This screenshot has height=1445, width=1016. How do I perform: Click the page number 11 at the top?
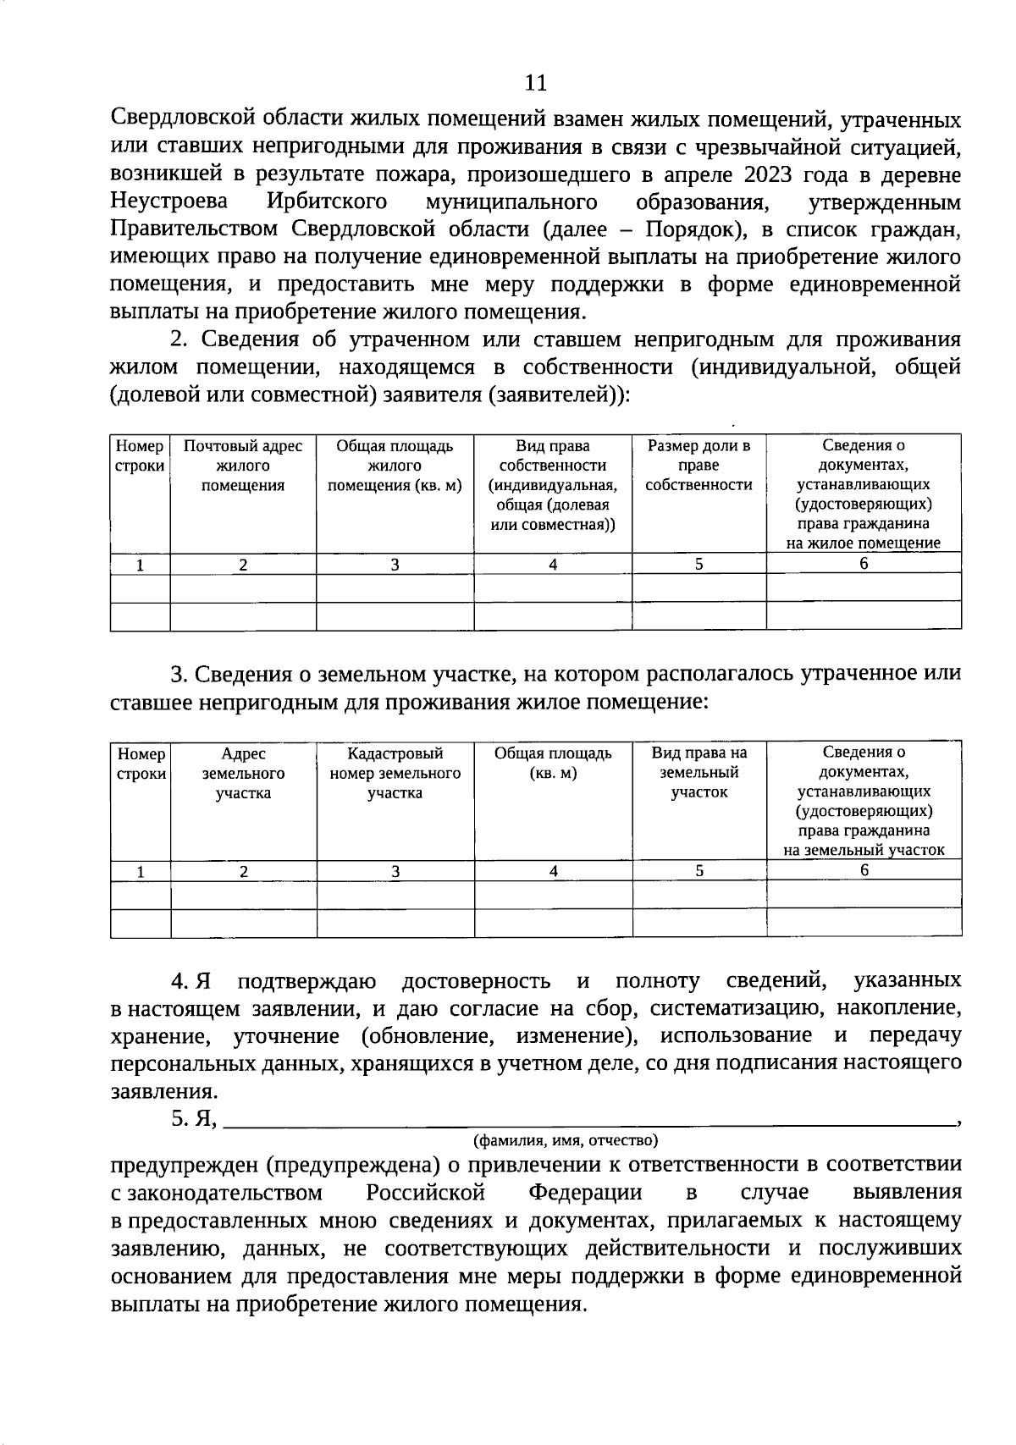pos(536,82)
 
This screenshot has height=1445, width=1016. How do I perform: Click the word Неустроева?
pos(169,202)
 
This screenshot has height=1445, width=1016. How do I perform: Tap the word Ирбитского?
pos(327,202)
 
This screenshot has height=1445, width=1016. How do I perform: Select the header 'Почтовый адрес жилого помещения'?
pos(243,466)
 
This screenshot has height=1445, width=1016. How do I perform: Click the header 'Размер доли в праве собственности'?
pos(698,466)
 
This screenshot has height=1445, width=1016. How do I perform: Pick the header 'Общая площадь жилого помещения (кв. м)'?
pos(395,466)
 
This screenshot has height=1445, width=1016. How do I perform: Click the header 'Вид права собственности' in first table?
pos(552,485)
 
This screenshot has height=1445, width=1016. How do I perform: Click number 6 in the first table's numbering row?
pos(864,563)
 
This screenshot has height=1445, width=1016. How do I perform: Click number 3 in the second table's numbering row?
pos(395,871)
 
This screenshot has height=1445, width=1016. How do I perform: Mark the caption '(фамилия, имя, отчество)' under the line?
pos(566,1140)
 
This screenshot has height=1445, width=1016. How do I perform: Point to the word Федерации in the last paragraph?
pos(585,1193)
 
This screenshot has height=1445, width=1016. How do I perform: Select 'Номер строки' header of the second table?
pos(141,764)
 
